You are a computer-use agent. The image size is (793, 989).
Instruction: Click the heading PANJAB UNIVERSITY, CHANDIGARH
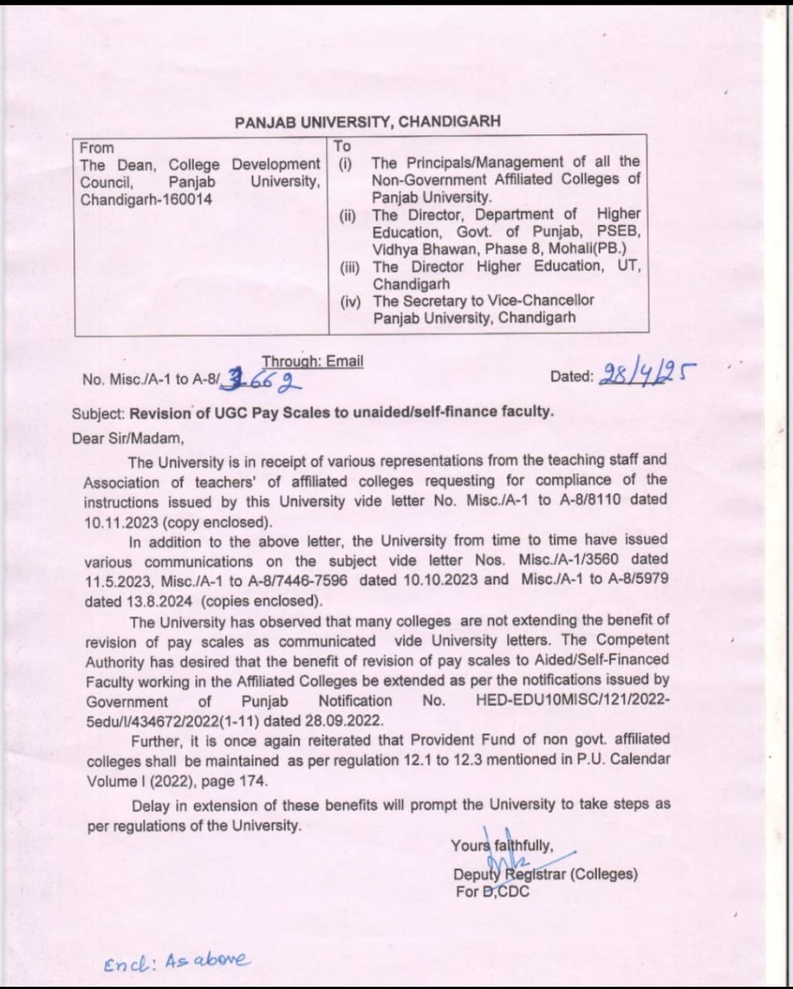(368, 122)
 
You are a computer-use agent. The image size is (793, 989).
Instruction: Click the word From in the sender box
(97, 148)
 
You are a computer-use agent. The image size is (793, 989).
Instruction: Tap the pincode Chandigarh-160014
(146, 199)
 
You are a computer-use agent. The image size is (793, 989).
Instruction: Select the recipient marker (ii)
(347, 215)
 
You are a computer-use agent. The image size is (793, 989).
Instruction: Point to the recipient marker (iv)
(350, 301)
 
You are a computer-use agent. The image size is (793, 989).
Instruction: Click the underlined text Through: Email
(312, 362)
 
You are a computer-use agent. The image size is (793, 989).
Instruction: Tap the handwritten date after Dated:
(646, 375)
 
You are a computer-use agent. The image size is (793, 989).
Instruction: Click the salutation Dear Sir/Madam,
(127, 439)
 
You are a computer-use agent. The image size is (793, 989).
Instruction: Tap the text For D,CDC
(493, 892)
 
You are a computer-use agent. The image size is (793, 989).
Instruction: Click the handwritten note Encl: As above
(178, 961)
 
